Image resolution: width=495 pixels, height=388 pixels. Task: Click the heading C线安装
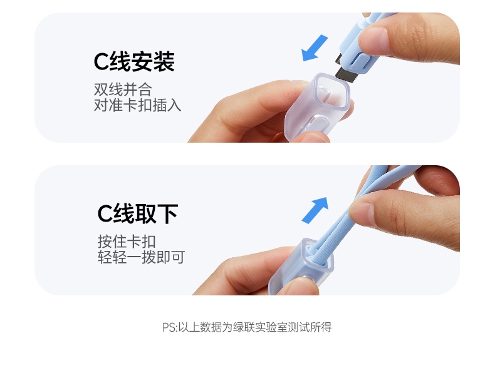pos(134,62)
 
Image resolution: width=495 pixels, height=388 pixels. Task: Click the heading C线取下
pos(138,214)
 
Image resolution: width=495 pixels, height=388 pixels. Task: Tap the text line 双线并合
pos(123,89)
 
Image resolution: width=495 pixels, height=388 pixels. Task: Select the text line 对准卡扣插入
pos(138,105)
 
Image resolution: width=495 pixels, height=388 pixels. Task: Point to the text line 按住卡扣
pos(127,242)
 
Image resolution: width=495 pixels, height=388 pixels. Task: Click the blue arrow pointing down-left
pos(315,48)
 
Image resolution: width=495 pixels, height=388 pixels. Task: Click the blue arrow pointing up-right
pos(315,210)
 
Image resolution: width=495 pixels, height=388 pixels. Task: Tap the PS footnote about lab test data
pos(247,327)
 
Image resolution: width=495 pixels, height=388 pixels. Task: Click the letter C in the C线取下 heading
pos(105,214)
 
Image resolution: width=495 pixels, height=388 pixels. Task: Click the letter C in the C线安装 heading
pos(101,62)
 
